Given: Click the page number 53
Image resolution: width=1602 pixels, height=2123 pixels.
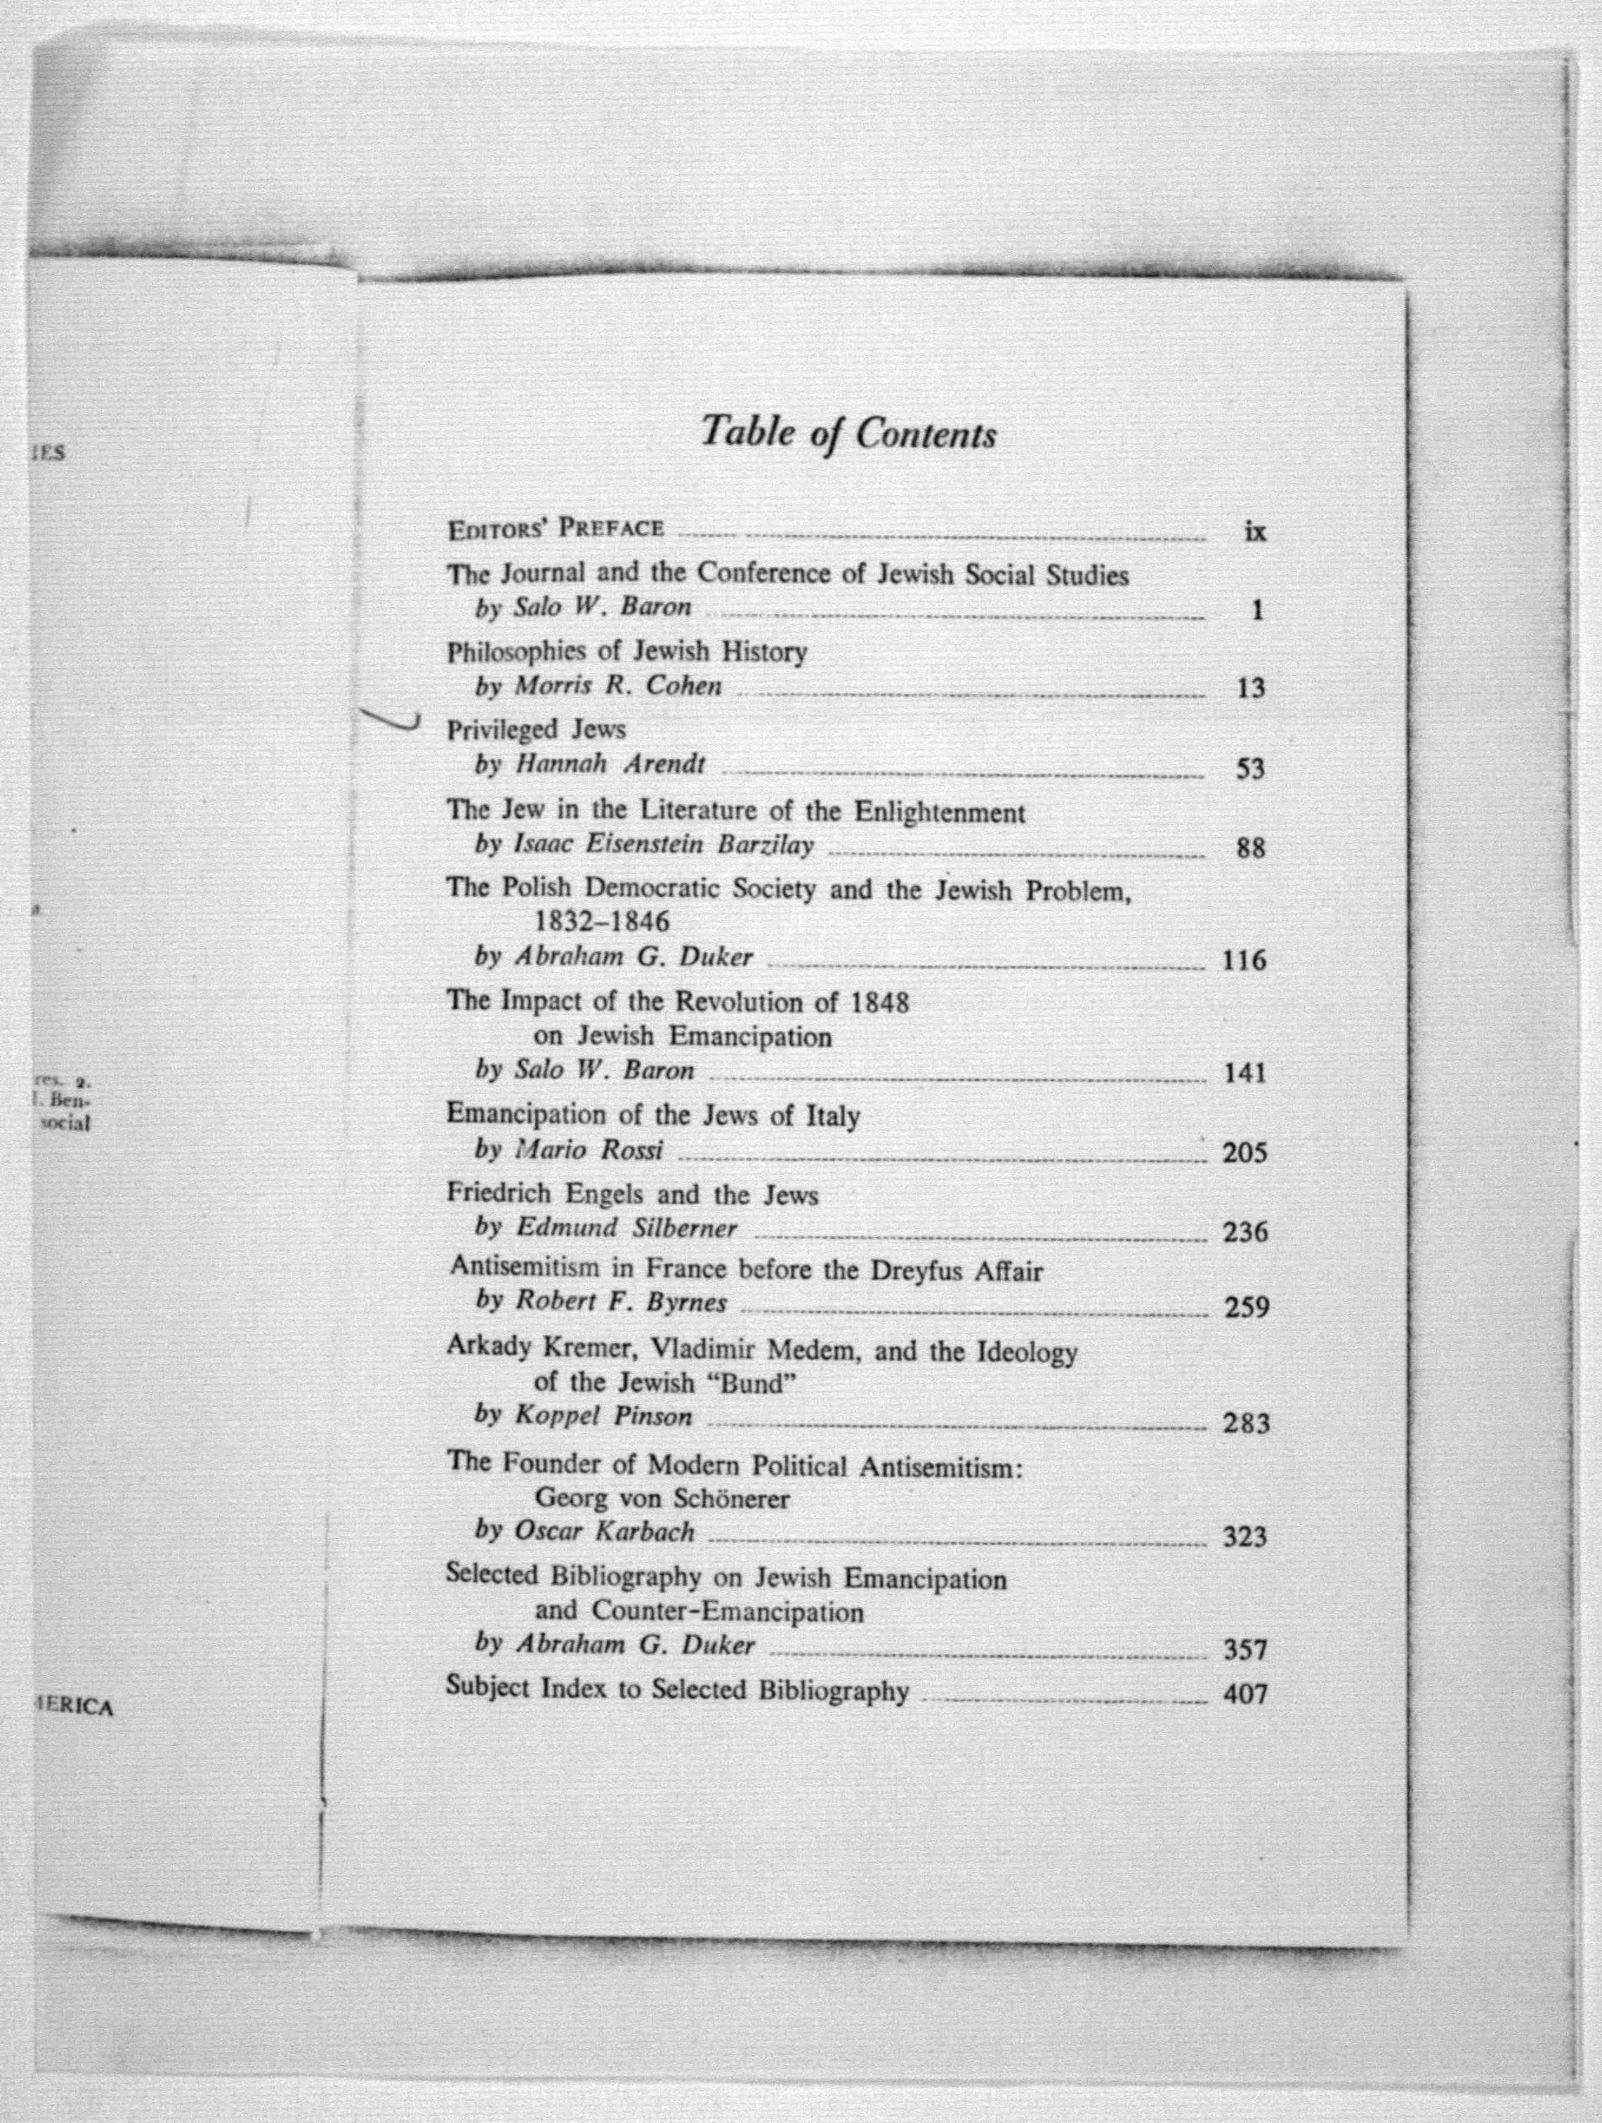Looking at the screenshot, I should tap(1250, 769).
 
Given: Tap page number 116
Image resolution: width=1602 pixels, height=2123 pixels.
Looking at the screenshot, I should tap(1244, 960).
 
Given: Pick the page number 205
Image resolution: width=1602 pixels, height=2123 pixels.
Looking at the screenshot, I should tap(1245, 1153).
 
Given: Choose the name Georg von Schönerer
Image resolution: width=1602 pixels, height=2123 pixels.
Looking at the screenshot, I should tap(662, 1497).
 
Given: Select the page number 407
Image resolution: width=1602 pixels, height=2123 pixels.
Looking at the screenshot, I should tap(1245, 1694).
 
